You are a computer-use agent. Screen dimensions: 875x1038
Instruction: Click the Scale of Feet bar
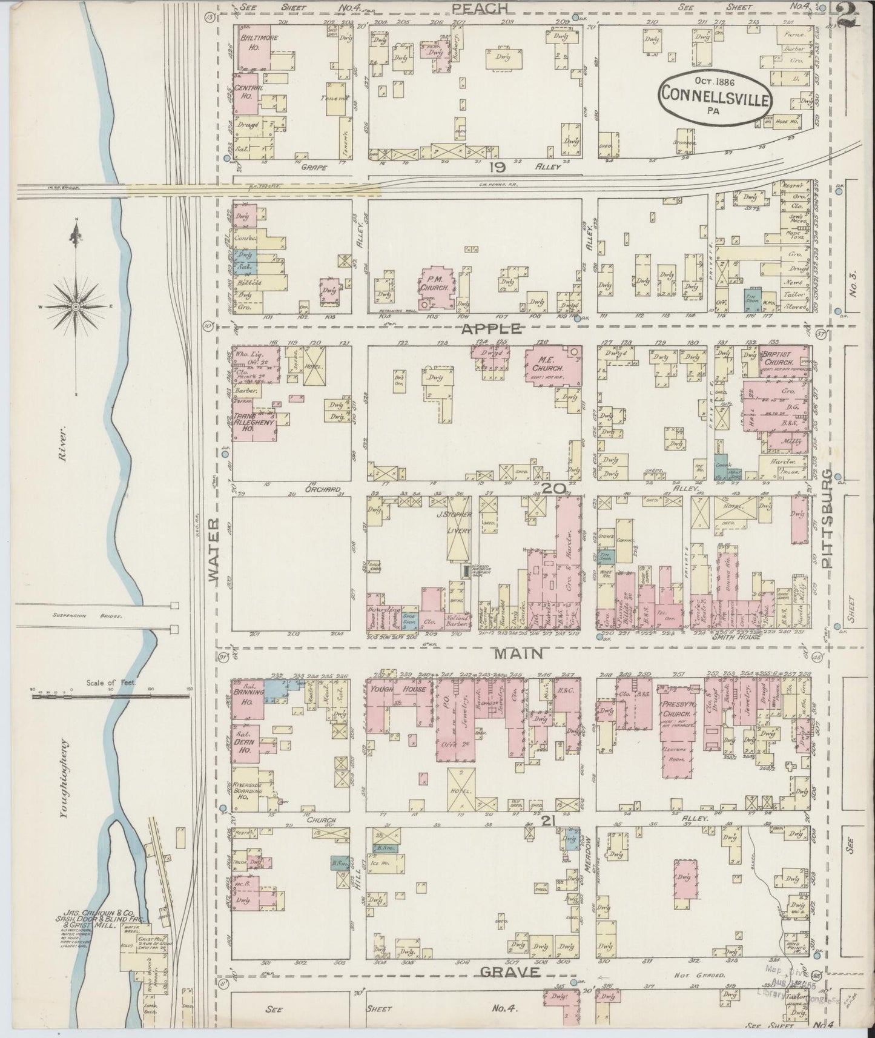112,696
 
